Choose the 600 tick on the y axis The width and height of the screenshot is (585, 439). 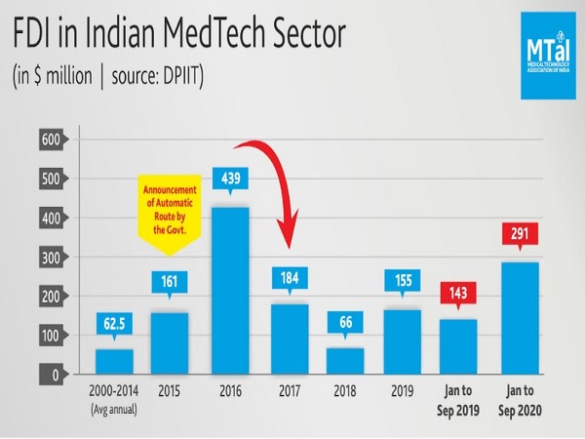click(x=51, y=140)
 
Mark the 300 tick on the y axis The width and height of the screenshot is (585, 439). click(x=51, y=258)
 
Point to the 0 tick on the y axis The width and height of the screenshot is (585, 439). click(x=56, y=375)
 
